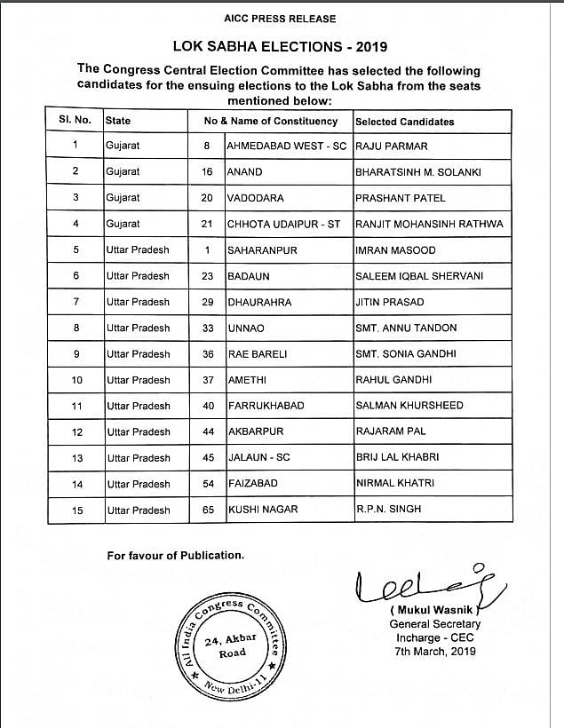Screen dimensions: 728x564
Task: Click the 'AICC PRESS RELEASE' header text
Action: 282,18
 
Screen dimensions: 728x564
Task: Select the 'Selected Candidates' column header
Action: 404,121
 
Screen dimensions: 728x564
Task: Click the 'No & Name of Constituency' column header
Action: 271,121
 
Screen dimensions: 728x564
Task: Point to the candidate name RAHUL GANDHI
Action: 393,380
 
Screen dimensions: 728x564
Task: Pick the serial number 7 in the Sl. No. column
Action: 75,302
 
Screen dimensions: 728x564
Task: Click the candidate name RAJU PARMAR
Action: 392,146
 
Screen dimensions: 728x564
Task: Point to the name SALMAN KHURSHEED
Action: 409,406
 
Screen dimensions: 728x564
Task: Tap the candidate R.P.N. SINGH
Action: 388,510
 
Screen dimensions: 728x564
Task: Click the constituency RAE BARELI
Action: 257,354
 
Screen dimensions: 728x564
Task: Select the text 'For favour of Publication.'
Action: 175,555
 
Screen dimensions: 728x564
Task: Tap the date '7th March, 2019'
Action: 434,651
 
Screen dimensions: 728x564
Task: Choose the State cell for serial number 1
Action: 123,146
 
